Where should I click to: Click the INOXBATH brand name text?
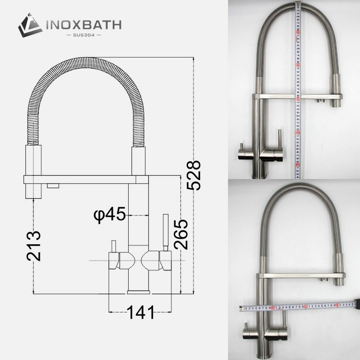tap(83, 24)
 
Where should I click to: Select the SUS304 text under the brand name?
tap(83, 35)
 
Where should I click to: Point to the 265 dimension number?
tap(180, 234)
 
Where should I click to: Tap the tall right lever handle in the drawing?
tap(165, 232)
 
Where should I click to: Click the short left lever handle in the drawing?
tap(113, 247)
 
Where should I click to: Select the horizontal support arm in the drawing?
tap(85, 180)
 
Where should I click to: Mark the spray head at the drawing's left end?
tap(31, 171)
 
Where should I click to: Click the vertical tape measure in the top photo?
tap(297, 90)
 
